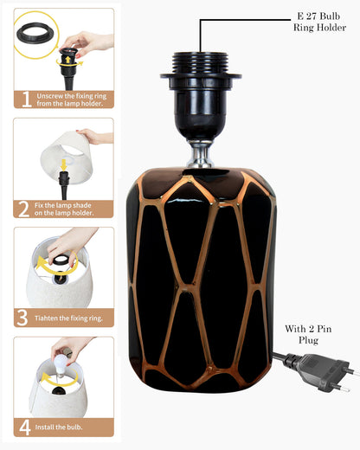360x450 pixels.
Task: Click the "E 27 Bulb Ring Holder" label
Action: tap(319, 22)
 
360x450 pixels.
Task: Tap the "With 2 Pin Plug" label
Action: tap(308, 334)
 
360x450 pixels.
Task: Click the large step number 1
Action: tap(26, 100)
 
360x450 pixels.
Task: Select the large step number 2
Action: tap(23, 209)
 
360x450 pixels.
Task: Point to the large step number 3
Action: tap(22, 318)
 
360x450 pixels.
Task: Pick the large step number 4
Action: tap(25, 427)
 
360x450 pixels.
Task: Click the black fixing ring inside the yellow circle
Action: tap(35, 32)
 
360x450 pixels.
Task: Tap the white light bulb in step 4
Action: tap(61, 364)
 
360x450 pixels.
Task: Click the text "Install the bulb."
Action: tap(59, 427)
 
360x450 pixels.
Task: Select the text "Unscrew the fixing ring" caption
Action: tap(72, 96)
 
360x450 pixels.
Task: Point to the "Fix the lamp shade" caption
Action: tap(63, 205)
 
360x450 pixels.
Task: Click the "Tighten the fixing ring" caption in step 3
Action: tap(68, 318)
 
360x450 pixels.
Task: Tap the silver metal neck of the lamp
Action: tap(201, 154)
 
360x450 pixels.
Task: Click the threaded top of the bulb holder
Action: tap(201, 63)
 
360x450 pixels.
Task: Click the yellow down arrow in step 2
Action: tap(64, 164)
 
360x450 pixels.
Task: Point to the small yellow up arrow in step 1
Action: tap(67, 60)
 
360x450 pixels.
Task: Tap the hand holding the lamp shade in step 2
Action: tap(94, 136)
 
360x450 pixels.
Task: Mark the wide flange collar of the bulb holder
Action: tap(201, 76)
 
